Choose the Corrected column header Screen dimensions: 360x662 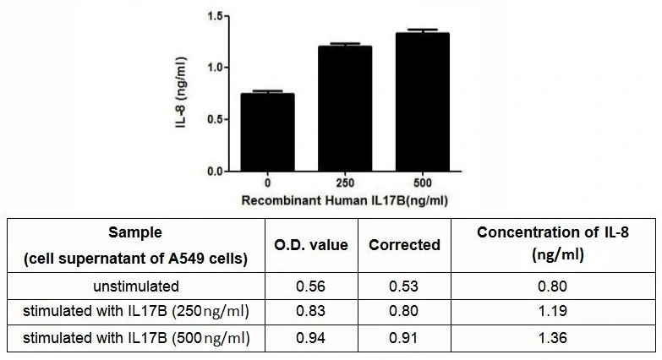(405, 245)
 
